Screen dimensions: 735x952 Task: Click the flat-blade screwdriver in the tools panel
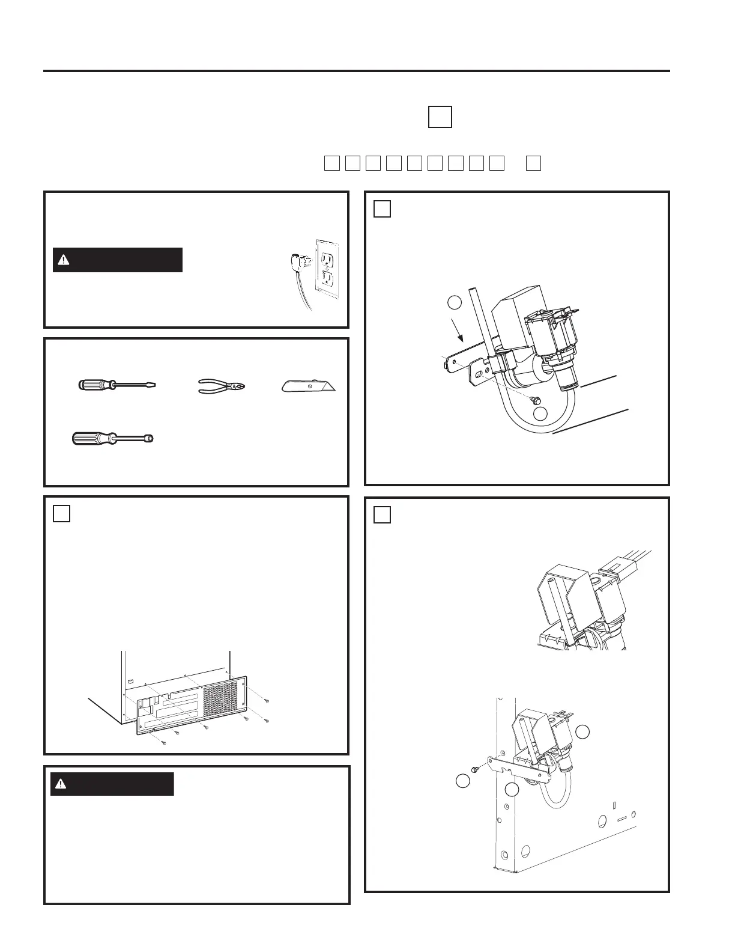pos(117,385)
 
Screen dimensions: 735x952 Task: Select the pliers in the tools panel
pos(222,386)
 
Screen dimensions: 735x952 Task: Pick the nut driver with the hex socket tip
pos(113,438)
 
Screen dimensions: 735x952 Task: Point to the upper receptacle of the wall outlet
pos(327,258)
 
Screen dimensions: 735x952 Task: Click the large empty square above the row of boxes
pos(440,116)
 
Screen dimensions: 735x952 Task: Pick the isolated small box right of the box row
pos(533,163)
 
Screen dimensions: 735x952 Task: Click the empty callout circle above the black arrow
pos(455,302)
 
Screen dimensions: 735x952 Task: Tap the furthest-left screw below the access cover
pos(163,743)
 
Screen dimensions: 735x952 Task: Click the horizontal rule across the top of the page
pos(356,71)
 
